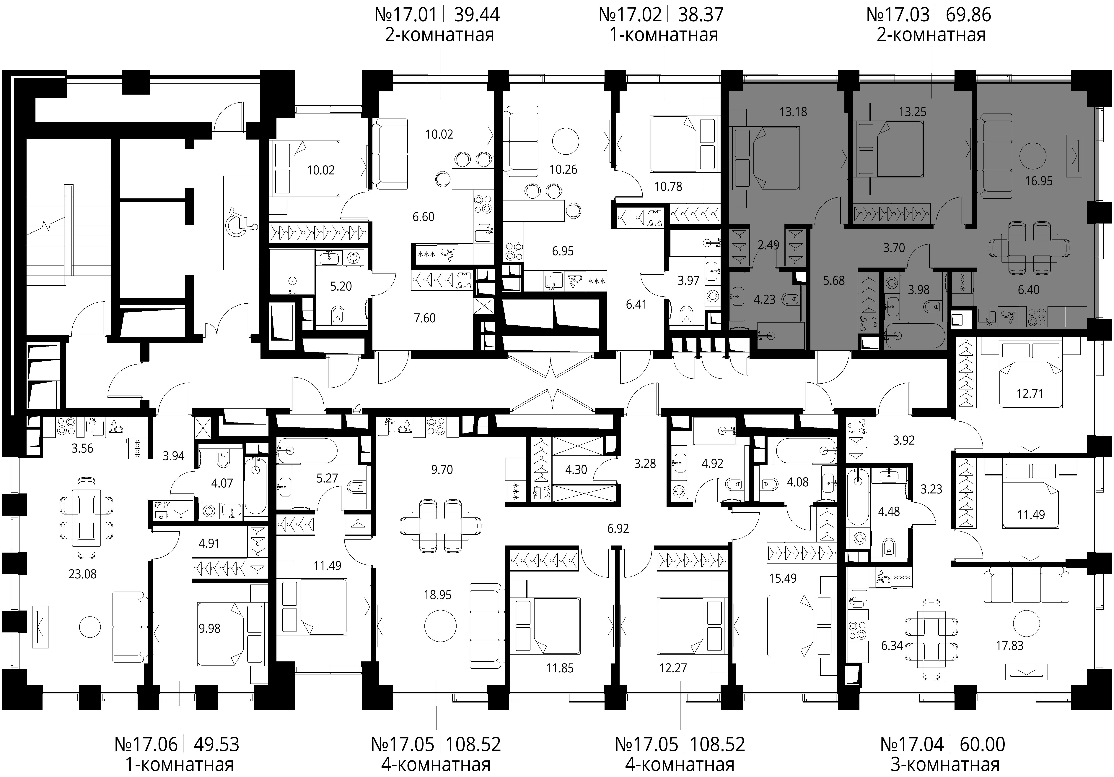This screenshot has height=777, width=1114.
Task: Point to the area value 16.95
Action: click(x=1039, y=181)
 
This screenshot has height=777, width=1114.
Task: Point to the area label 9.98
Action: click(x=210, y=628)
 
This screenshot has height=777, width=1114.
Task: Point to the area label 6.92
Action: click(x=618, y=528)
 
